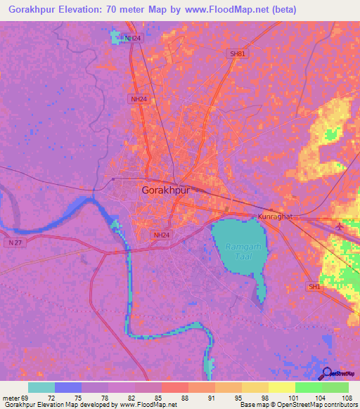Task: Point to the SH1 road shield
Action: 314,287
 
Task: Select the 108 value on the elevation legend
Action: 347,397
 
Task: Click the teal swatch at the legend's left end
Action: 41,387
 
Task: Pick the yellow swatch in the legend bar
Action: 281,387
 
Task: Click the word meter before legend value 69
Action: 12,397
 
